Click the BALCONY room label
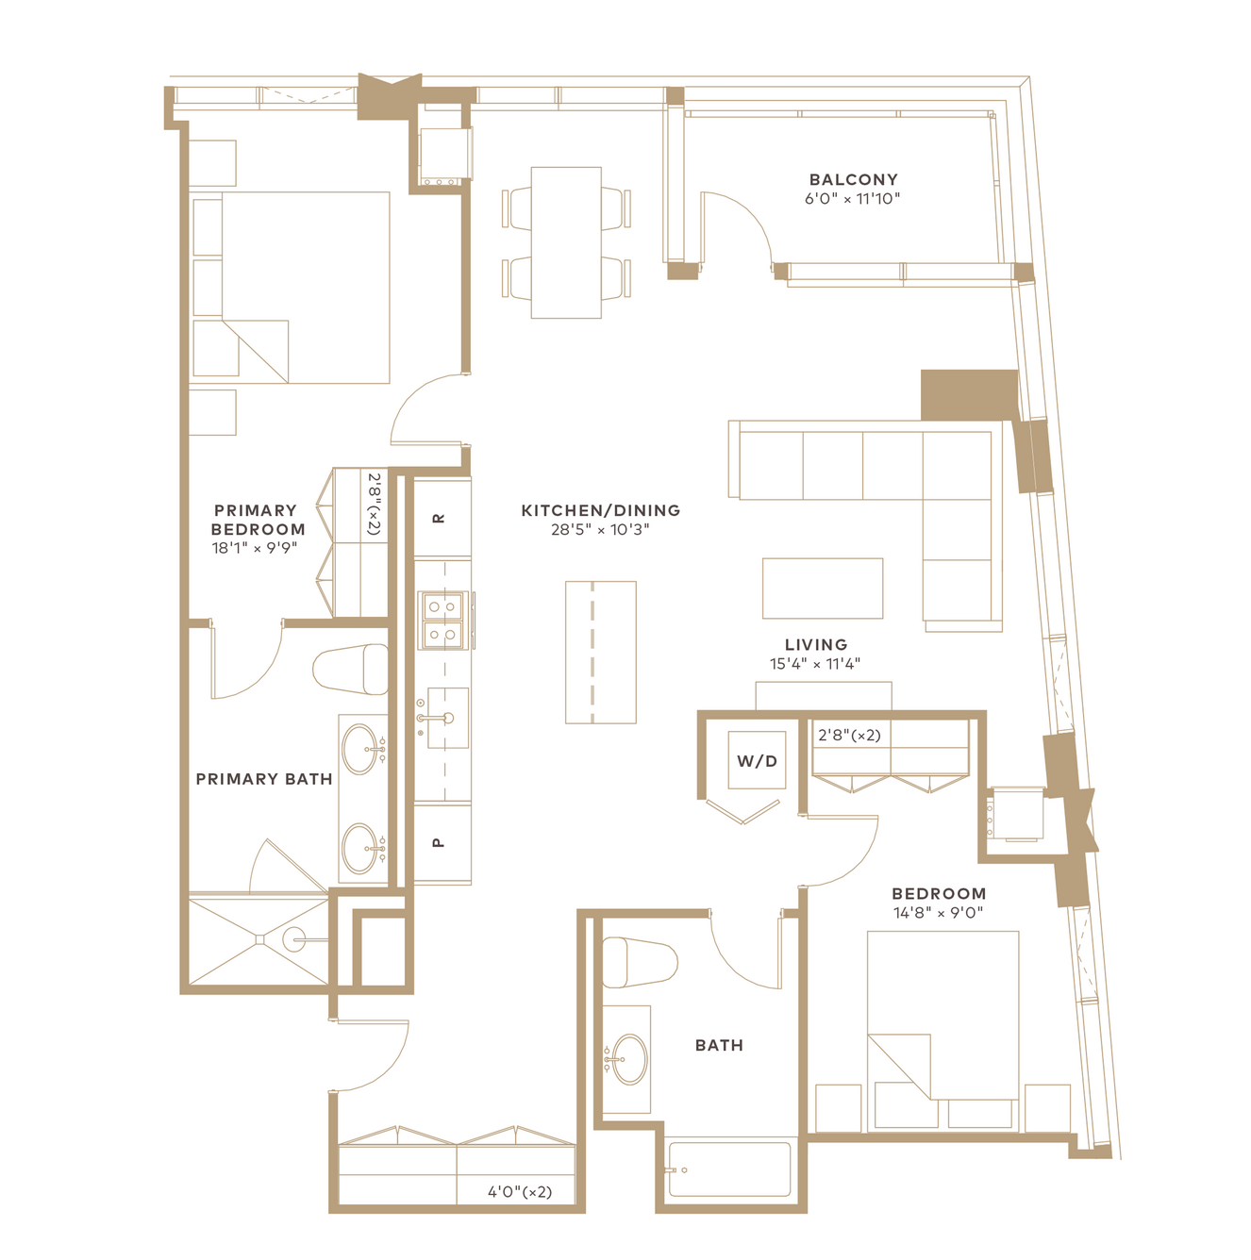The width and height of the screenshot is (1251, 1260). (853, 179)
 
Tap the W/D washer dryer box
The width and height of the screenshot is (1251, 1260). (757, 760)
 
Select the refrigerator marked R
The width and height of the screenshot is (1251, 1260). (442, 518)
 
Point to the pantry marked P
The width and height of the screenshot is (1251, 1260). (442, 842)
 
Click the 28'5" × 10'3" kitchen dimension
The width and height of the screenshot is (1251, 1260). (600, 529)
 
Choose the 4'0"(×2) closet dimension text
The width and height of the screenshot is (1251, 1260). (520, 1192)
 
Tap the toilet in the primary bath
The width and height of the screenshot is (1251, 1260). (351, 670)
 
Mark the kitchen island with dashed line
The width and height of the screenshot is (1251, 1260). (601, 652)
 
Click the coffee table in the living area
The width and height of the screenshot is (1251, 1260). (823, 588)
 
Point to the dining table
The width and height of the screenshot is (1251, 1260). (566, 242)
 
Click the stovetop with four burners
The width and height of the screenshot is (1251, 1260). (443, 621)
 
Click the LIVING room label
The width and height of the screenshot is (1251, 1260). (816, 645)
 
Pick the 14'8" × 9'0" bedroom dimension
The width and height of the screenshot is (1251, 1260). (939, 913)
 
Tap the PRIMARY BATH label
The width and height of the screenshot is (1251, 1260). (264, 779)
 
